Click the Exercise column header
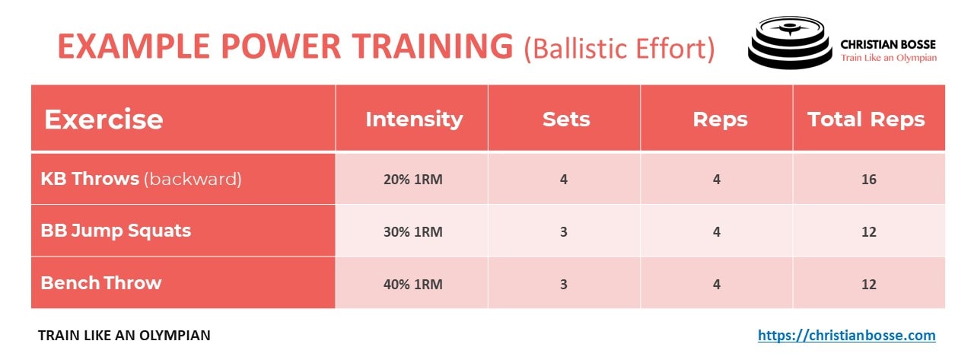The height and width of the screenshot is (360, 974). point(103,119)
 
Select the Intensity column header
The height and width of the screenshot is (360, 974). point(414,119)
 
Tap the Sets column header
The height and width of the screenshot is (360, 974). point(566,119)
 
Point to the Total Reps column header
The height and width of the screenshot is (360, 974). point(866,119)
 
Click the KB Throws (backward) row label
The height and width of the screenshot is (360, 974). point(141,179)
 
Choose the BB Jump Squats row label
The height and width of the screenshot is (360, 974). point(116,231)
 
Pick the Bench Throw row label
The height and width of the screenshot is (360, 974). point(101,283)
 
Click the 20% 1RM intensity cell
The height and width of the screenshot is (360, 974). point(412,179)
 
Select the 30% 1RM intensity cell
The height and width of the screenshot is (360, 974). point(412,231)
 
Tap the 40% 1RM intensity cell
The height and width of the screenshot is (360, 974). point(412,285)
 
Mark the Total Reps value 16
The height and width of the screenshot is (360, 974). point(869,179)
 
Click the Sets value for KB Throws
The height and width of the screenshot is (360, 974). point(564,179)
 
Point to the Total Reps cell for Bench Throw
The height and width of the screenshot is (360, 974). point(869,285)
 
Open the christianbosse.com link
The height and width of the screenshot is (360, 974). point(847,335)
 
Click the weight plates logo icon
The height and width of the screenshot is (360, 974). point(790,43)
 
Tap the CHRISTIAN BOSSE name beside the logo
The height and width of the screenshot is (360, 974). point(888,44)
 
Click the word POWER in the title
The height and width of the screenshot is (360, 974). point(281,46)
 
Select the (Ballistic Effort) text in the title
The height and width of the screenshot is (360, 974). point(619,48)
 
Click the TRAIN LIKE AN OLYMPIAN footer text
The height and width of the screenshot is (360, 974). point(124,335)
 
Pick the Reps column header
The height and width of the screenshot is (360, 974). point(720,120)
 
